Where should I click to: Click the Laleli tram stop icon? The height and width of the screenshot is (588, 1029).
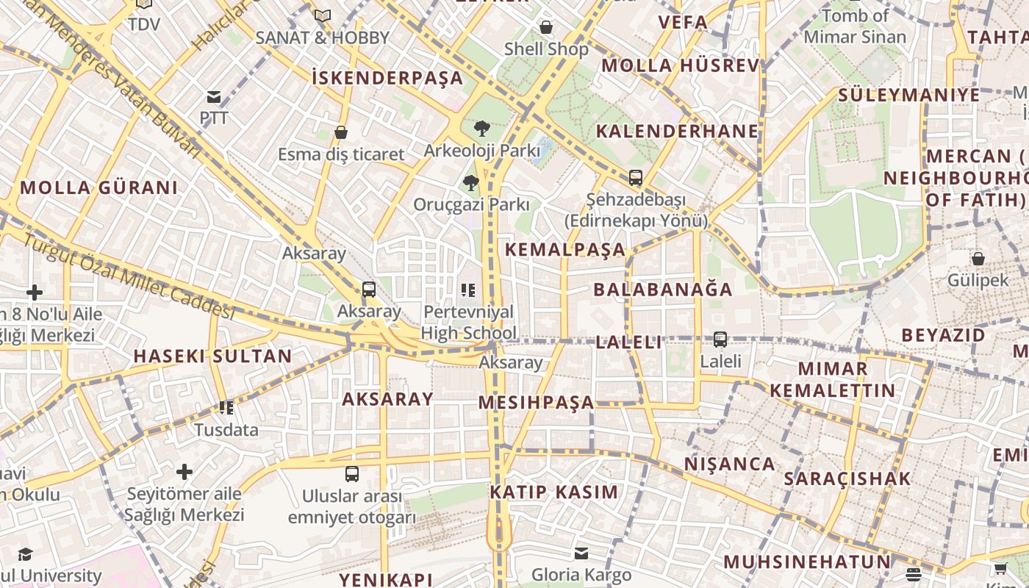pyautogui.click(x=720, y=340)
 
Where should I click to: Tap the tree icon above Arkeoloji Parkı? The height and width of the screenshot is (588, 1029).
pyautogui.click(x=481, y=129)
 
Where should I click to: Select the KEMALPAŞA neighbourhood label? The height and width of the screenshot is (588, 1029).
pyautogui.click(x=565, y=249)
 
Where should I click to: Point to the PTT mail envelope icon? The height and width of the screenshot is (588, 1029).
pyautogui.click(x=214, y=96)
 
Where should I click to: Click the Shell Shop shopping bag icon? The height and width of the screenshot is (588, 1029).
pyautogui.click(x=546, y=28)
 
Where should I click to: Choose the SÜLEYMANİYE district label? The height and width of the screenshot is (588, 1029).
pyautogui.click(x=909, y=95)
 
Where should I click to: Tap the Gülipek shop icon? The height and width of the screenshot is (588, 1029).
pyautogui.click(x=978, y=259)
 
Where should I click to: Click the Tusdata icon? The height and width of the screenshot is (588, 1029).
pyautogui.click(x=226, y=408)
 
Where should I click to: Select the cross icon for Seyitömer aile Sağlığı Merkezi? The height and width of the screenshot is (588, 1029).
pyautogui.click(x=184, y=471)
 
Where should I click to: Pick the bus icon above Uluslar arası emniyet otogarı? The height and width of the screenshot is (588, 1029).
pyautogui.click(x=352, y=474)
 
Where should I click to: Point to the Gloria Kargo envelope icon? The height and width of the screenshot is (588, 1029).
pyautogui.click(x=581, y=553)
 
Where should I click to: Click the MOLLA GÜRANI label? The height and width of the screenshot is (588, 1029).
pyautogui.click(x=98, y=187)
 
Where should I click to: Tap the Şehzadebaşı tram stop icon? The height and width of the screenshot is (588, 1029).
pyautogui.click(x=636, y=178)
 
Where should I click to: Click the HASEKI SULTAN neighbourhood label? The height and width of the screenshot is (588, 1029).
pyautogui.click(x=212, y=356)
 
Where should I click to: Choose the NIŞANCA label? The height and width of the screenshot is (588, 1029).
pyautogui.click(x=730, y=465)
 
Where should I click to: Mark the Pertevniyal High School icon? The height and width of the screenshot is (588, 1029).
pyautogui.click(x=468, y=291)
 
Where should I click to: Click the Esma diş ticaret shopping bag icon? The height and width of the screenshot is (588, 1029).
pyautogui.click(x=341, y=132)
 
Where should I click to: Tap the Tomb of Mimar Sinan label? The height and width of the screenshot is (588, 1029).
pyautogui.click(x=855, y=26)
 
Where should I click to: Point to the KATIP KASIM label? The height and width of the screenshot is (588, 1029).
pyautogui.click(x=554, y=492)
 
